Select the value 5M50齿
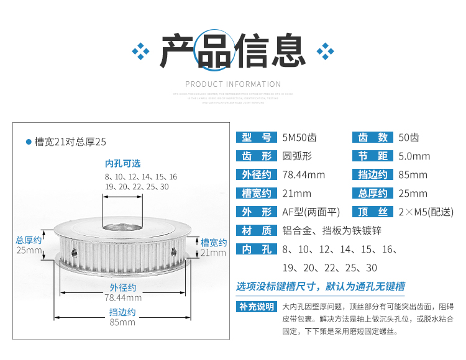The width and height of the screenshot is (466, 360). coord(299,138)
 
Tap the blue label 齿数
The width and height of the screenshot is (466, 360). coord(373,138)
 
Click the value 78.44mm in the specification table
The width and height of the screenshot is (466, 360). coord(304,175)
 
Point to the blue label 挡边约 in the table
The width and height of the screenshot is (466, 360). coord(373,175)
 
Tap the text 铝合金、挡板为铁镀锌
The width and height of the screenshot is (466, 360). coord(332,231)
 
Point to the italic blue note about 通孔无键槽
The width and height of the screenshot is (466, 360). coord(320,287)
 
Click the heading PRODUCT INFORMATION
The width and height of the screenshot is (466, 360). coord(233,84)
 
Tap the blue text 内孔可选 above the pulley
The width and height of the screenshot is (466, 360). coord(122,163)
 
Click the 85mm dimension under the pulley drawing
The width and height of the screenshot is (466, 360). coord(122,322)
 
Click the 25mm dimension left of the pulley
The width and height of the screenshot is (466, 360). coord(29,251)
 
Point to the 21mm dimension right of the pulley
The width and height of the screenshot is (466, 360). coord(213,253)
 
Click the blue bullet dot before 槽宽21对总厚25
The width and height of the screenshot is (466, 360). coord(28,142)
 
